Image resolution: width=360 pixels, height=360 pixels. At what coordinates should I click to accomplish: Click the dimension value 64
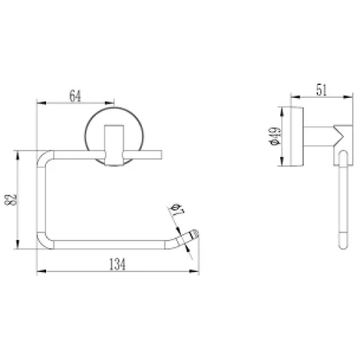pos(75,96)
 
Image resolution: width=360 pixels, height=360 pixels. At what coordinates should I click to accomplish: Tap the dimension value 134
pos(117,264)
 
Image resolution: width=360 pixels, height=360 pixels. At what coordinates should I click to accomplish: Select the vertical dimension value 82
pos(11,200)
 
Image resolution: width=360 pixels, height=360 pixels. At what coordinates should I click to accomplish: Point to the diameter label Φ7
pos(177,210)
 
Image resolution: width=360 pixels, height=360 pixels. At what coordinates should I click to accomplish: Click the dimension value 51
pos(322,90)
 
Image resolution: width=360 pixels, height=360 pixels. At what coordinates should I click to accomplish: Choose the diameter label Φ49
pos(275,136)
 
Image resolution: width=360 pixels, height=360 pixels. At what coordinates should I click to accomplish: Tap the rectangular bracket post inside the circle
pos(114,145)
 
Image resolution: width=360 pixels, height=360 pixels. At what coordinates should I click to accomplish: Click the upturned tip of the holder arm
pos(194,233)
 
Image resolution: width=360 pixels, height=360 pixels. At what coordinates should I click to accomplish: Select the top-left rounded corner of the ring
pos(42,156)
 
